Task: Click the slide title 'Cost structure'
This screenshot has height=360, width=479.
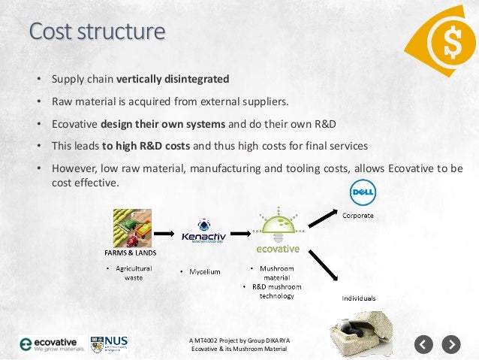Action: (x=97, y=32)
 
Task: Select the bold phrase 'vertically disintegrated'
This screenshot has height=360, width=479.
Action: (x=183, y=78)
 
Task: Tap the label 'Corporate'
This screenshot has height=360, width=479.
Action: (x=358, y=216)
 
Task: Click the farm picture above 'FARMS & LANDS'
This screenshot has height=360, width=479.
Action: (x=134, y=228)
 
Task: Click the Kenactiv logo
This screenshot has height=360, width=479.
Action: (x=203, y=231)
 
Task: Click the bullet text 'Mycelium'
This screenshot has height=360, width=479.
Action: (x=204, y=271)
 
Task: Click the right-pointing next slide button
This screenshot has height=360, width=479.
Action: (x=450, y=345)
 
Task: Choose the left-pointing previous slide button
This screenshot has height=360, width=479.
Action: (x=424, y=345)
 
